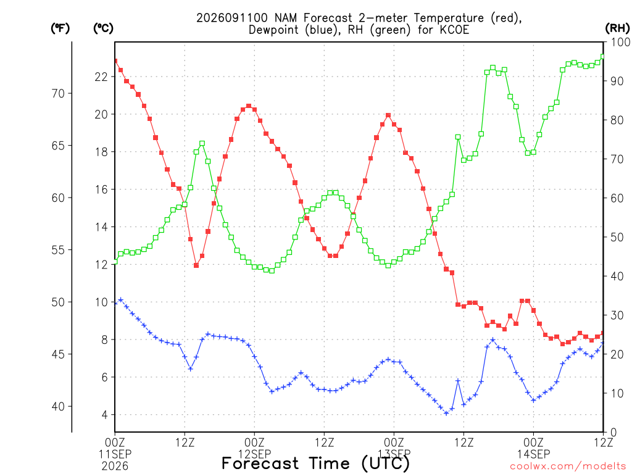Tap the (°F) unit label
60,28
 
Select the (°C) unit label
104,28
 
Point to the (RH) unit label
617,28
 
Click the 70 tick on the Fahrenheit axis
58,94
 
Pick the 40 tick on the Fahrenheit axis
58,407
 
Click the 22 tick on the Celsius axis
101,77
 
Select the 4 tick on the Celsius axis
105,415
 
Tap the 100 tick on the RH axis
620,42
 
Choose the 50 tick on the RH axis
617,238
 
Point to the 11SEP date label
115,454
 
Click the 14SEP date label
534,454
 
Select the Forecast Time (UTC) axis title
315,464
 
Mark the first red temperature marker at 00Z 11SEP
115,61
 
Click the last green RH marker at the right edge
603,57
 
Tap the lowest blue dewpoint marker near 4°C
446,413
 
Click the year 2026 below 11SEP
115,467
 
